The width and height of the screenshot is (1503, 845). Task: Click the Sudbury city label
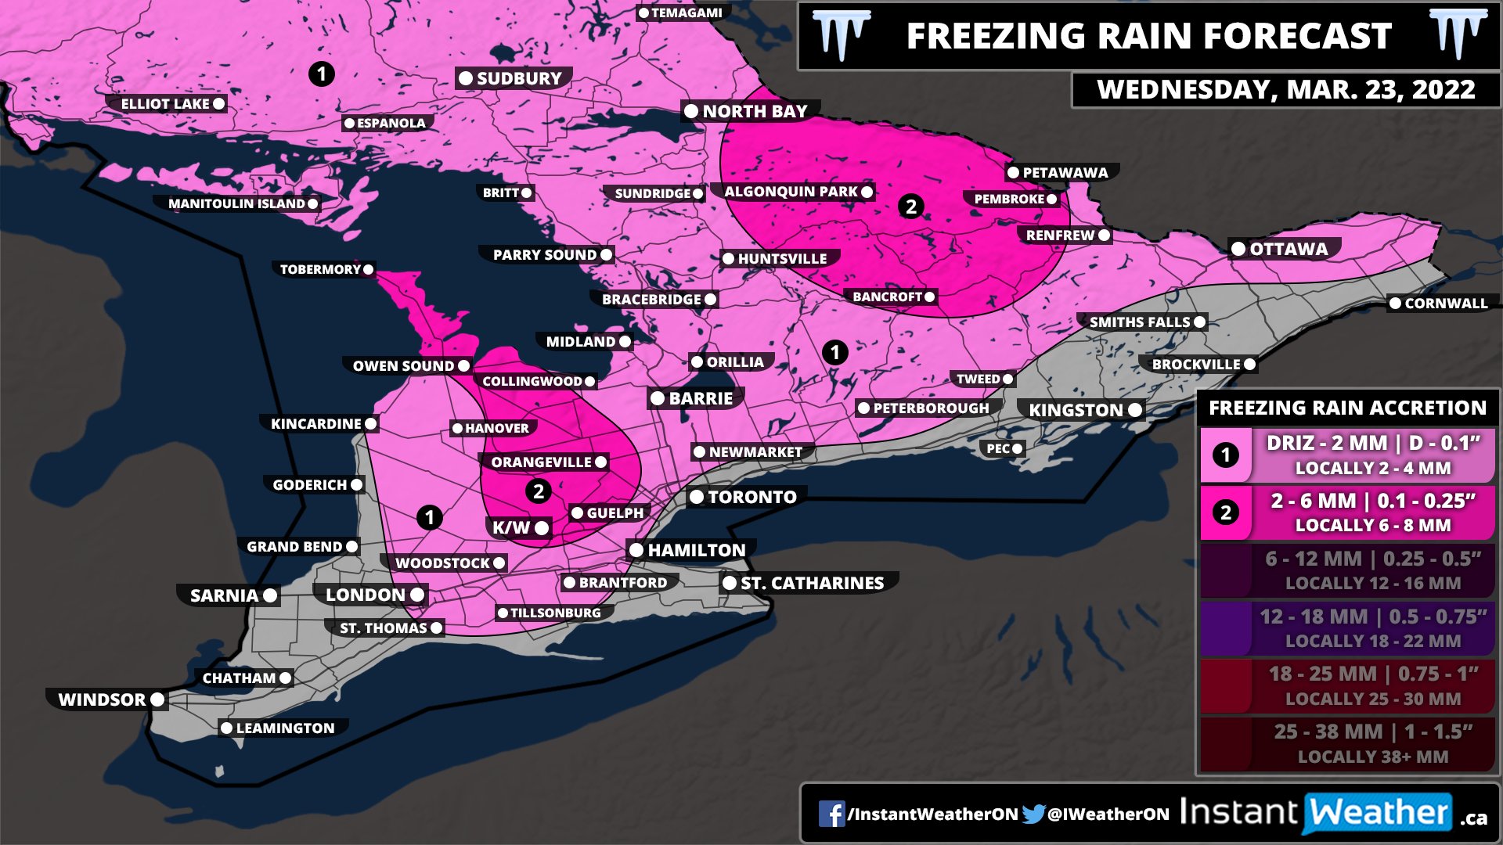[518, 78]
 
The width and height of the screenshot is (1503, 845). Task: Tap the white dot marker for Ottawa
[1238, 250]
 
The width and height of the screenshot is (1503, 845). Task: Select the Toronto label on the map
[751, 497]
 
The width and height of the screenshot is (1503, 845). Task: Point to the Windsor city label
[103, 699]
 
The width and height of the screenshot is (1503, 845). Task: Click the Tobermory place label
[320, 269]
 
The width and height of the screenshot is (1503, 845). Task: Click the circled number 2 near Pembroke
[910, 207]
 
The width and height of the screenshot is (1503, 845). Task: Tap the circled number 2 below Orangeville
[538, 491]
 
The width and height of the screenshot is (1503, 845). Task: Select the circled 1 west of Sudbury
[321, 74]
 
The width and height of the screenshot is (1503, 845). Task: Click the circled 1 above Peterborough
[834, 352]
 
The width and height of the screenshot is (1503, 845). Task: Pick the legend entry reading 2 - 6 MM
[1346, 512]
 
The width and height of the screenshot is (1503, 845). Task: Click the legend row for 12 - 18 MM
[1346, 627]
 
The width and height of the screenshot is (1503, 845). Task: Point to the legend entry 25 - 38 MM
[1346, 743]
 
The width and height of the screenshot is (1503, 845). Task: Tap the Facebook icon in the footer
[831, 814]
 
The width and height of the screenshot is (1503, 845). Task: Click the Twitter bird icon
[1033, 814]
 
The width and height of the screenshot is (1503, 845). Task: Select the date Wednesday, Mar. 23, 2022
[1285, 90]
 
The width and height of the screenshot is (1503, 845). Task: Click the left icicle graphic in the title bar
[841, 34]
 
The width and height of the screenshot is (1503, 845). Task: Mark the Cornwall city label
[1445, 304]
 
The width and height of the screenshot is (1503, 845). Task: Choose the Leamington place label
[285, 728]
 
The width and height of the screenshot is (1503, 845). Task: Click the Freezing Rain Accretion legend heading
[1346, 408]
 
